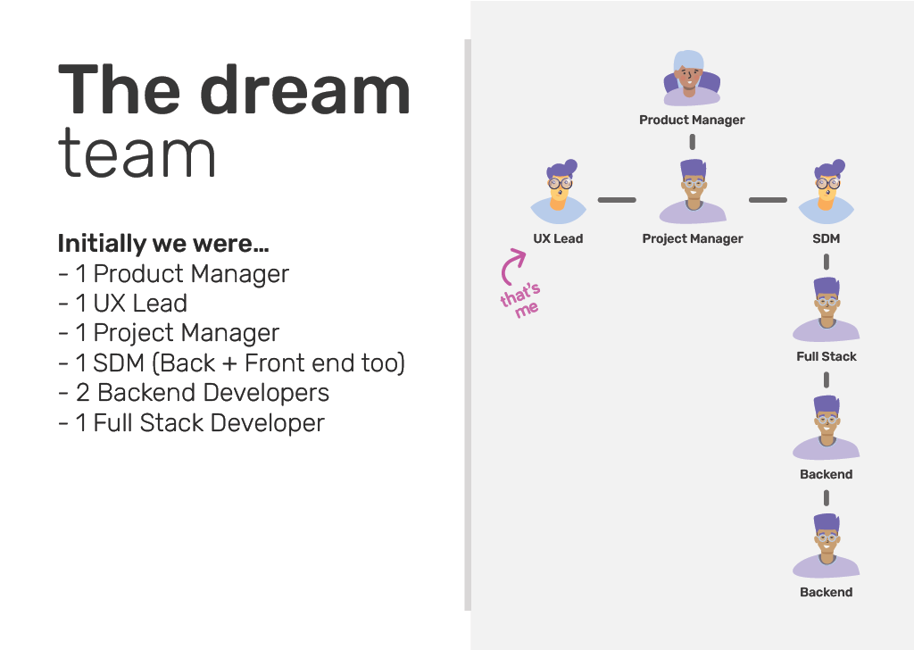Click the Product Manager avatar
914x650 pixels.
692,78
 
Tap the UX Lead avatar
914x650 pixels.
559,192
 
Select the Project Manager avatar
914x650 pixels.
693,191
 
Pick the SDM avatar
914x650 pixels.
826,192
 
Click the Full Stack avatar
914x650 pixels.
826,310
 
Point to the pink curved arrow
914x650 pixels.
508,266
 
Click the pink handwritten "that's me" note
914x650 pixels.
520,300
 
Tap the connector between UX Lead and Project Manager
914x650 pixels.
617,200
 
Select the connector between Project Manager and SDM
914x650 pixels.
768,200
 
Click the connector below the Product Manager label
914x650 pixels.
693,142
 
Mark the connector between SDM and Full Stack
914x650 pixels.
826,262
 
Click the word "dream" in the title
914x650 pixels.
305,90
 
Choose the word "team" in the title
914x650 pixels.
137,153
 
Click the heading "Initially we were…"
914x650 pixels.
163,244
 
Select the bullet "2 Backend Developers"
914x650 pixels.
194,393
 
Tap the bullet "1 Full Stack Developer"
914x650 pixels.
191,422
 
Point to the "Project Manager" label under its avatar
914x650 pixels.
693,239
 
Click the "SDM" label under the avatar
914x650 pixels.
826,238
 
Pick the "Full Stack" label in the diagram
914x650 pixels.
827,356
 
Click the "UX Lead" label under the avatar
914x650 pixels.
558,238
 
